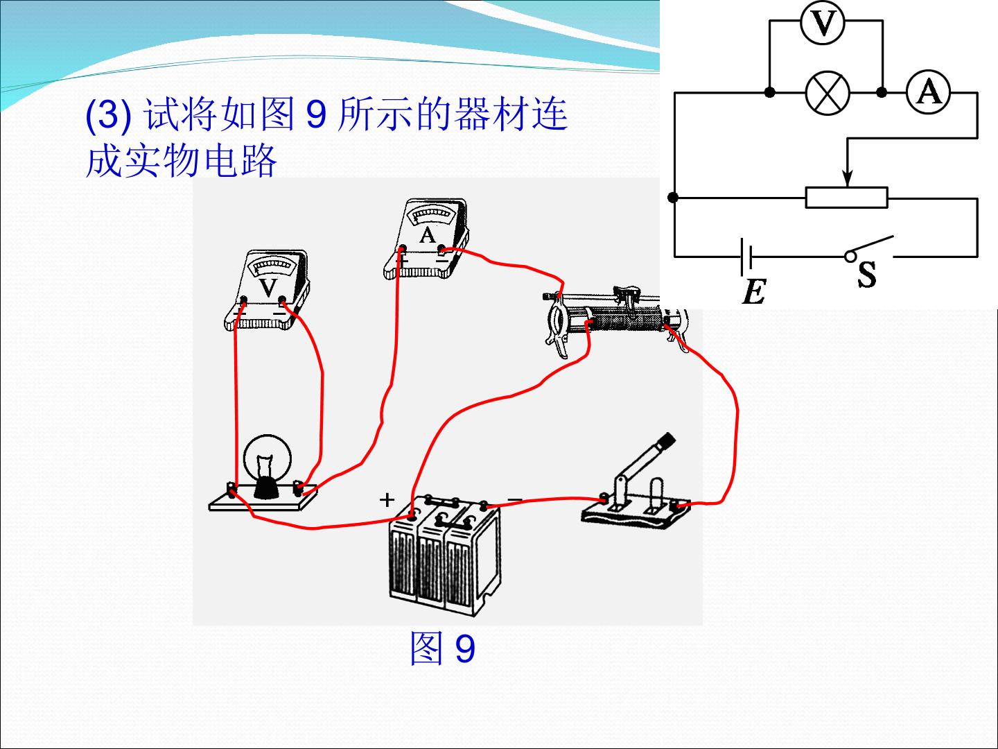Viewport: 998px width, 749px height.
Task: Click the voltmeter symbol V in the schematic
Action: coord(822,22)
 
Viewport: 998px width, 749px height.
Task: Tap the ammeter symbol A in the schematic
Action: coord(928,92)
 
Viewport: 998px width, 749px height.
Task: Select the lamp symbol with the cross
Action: coord(827,92)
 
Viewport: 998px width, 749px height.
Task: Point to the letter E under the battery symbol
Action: coord(754,291)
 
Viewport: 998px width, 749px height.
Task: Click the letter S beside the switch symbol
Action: coord(866,274)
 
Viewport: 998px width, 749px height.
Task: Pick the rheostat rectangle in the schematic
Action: coord(847,198)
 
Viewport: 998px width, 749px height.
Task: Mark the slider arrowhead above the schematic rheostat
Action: coord(847,178)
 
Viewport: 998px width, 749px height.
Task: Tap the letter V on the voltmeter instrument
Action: coord(268,287)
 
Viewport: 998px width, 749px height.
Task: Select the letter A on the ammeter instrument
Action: coord(427,236)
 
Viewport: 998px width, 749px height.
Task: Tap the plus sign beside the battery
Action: coord(387,500)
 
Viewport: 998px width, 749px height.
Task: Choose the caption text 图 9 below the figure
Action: coord(442,648)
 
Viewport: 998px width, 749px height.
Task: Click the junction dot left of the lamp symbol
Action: coord(769,92)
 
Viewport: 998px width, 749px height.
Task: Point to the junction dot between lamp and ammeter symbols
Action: coord(882,92)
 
